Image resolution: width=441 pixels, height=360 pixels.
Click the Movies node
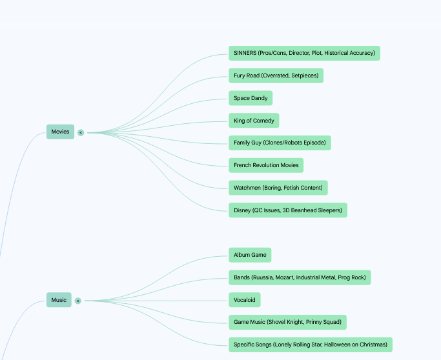pyautogui.click(x=60, y=132)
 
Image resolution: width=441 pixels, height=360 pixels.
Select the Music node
pyautogui.click(x=59, y=300)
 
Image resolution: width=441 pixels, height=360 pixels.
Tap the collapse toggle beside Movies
pyautogui.click(x=81, y=133)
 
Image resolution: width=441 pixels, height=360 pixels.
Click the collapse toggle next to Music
pyautogui.click(x=78, y=301)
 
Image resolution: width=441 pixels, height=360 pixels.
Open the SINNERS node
pyautogui.click(x=304, y=53)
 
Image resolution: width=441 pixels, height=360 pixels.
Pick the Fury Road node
pyautogui.click(x=276, y=75)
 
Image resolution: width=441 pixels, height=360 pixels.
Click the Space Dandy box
pyautogui.click(x=251, y=98)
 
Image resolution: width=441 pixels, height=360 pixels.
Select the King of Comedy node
pyautogui.click(x=254, y=121)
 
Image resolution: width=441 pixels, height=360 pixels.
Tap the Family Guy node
pyautogui.click(x=280, y=143)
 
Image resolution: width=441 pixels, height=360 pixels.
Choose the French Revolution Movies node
pyautogui.click(x=266, y=165)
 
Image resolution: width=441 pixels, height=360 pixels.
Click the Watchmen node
pyautogui.click(x=278, y=188)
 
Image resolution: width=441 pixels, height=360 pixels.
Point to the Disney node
pyautogui.click(x=288, y=210)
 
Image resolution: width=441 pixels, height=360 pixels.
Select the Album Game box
pyautogui.click(x=250, y=255)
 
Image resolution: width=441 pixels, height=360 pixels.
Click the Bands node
pyautogui.click(x=300, y=277)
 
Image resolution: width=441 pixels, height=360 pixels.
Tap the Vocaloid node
pyautogui.click(x=245, y=300)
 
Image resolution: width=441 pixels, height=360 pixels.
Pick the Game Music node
pyautogui.click(x=287, y=322)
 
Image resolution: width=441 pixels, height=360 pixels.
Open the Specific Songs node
pyautogui.click(x=311, y=345)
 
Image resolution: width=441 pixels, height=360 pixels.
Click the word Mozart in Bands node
pyautogui.click(x=284, y=277)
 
